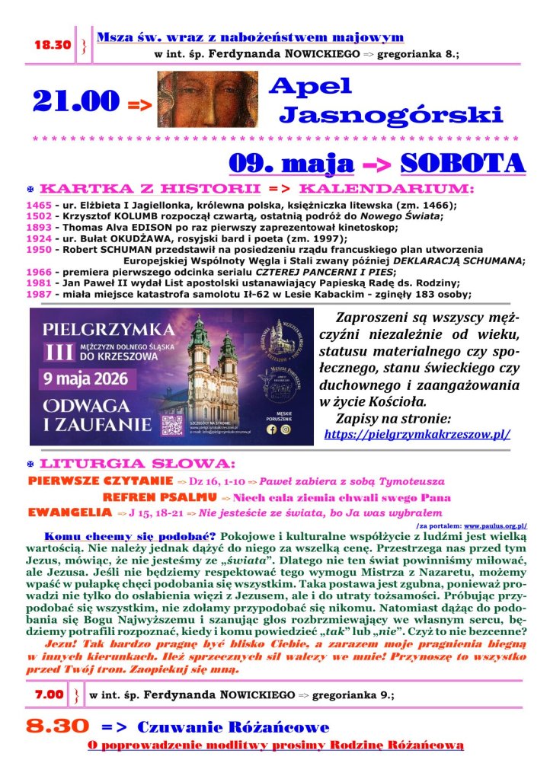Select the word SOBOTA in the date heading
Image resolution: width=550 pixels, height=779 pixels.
[462, 163]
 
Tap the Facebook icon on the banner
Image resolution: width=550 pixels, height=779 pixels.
[271, 429]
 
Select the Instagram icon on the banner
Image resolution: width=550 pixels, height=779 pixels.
[286, 429]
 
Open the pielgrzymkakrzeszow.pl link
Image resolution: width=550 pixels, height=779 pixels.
[417, 434]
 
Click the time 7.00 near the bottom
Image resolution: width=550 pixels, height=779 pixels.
[49, 694]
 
